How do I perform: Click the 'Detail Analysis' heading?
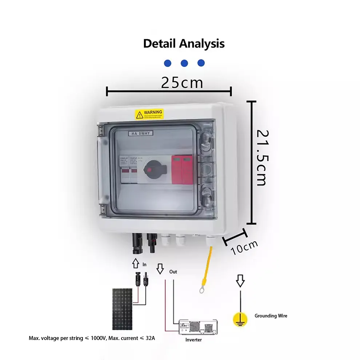click(x=184, y=44)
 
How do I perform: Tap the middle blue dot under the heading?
click(x=184, y=63)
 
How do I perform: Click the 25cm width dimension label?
click(x=182, y=83)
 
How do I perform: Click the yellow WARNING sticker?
click(x=149, y=114)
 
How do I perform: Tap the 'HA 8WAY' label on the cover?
click(x=141, y=133)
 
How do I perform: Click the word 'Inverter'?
click(x=193, y=340)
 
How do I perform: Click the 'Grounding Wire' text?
click(x=271, y=316)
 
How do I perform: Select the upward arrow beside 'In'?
click(x=135, y=263)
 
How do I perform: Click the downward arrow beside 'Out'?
click(x=160, y=269)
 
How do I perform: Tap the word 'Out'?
click(x=173, y=272)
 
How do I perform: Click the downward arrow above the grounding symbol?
click(x=240, y=281)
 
